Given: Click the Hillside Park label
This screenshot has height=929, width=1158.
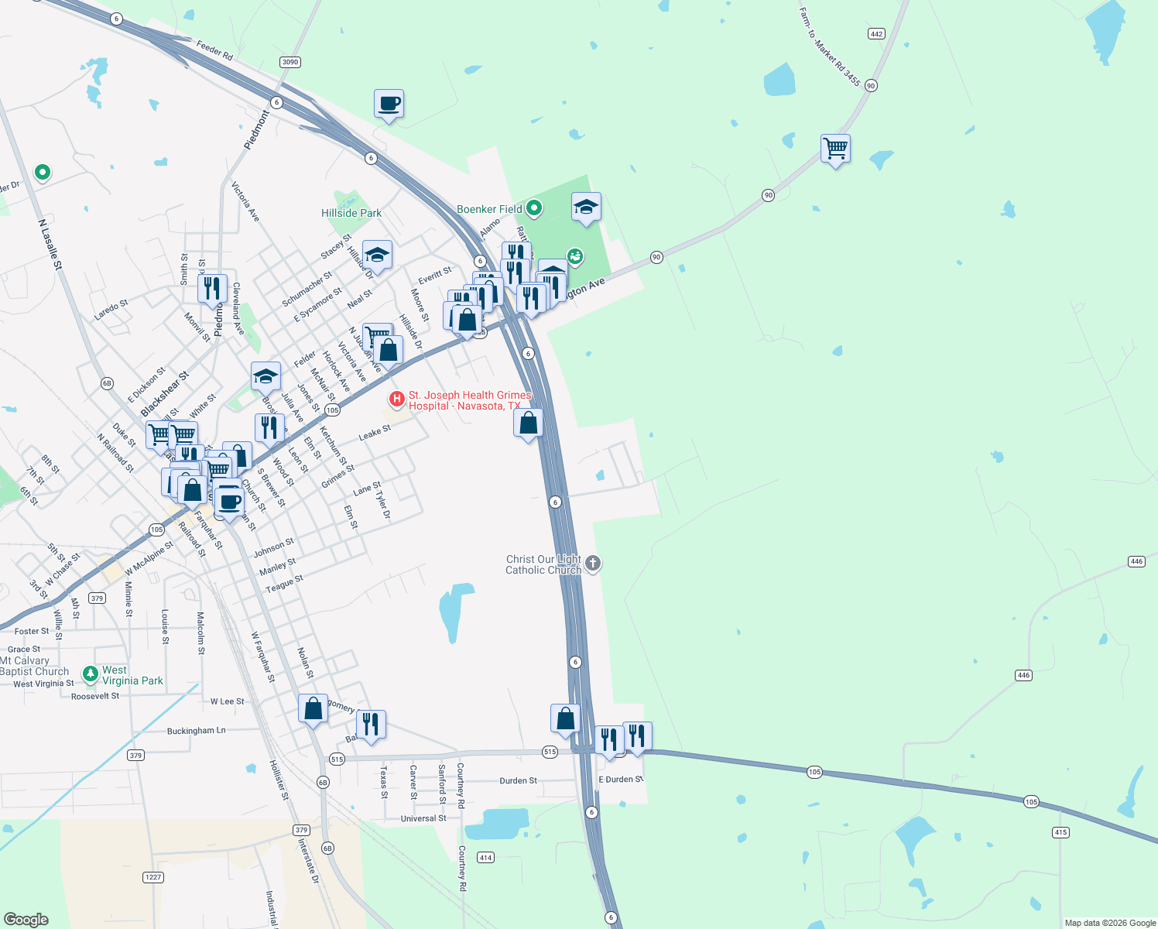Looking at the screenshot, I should coord(351,213).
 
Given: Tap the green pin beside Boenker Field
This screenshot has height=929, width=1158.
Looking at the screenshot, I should coord(533,208).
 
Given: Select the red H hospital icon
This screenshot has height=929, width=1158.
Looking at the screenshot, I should coord(397,399).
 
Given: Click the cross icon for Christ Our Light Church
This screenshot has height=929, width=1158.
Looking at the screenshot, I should coord(593,563).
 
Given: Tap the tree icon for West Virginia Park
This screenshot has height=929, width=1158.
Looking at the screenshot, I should coord(91,674).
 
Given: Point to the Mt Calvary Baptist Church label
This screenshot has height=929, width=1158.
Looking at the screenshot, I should coord(34,666).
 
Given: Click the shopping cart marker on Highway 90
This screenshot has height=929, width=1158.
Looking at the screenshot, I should coord(835,148).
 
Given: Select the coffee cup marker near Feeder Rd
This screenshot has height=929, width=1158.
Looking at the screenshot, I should coord(389,103).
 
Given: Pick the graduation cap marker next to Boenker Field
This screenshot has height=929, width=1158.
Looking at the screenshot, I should coord(586,207).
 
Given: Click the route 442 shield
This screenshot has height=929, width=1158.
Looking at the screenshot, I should coord(876,34).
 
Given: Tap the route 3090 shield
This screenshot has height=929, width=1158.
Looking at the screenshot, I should coord(290,62).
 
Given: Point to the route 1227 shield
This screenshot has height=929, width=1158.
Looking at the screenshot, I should coord(153,877).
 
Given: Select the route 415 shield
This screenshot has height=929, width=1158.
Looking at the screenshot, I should coord(1060,832).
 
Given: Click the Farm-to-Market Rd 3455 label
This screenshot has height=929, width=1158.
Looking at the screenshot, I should coord(831,46).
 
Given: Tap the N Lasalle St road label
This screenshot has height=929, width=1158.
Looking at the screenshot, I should coord(50,244).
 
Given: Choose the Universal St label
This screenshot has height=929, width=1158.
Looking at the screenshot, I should coord(423,818).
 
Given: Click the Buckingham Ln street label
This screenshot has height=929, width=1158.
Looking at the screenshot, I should coord(197,731).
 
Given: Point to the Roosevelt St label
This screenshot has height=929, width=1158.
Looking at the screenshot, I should coord(95,696).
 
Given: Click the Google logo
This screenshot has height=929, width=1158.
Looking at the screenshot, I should coord(26,920).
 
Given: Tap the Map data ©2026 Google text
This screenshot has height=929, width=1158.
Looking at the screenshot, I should coord(1110,923).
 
